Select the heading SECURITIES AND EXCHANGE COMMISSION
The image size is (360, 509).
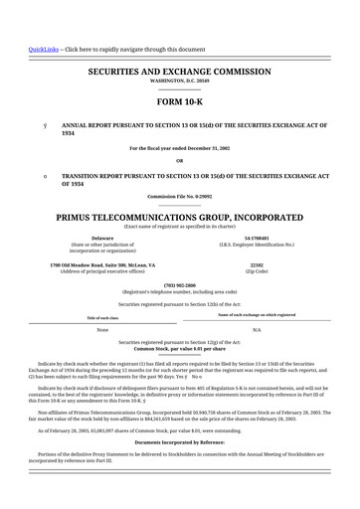(179, 74)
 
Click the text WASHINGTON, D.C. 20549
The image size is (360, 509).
(179, 84)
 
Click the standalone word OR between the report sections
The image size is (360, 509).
(179, 161)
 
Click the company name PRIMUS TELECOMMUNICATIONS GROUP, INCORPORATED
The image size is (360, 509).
(179, 216)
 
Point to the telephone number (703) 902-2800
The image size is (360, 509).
(179, 286)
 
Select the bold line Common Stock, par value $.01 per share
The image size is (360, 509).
(179, 350)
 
